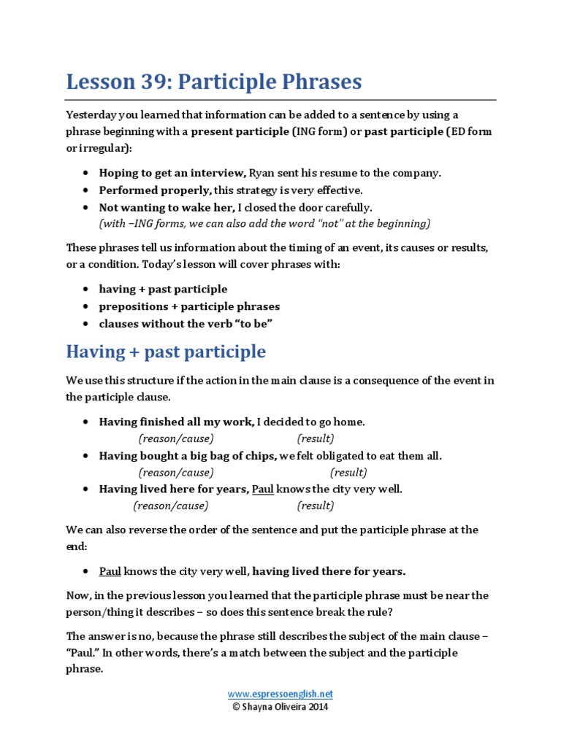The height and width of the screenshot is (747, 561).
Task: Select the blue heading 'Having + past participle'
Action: pyautogui.click(x=166, y=352)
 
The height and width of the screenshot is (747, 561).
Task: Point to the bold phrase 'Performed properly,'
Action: pyautogui.click(x=156, y=190)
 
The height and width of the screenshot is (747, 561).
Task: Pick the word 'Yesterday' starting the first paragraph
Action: pyautogui.click(x=91, y=115)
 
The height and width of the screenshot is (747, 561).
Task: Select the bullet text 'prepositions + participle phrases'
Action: pyautogui.click(x=189, y=306)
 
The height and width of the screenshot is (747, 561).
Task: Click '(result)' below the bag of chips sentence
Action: pyautogui.click(x=348, y=473)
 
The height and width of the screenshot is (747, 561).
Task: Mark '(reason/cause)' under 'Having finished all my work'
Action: pyautogui.click(x=176, y=438)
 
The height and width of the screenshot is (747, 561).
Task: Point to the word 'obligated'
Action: pyautogui.click(x=330, y=456)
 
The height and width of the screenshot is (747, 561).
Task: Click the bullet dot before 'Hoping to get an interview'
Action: pyautogui.click(x=86, y=174)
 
